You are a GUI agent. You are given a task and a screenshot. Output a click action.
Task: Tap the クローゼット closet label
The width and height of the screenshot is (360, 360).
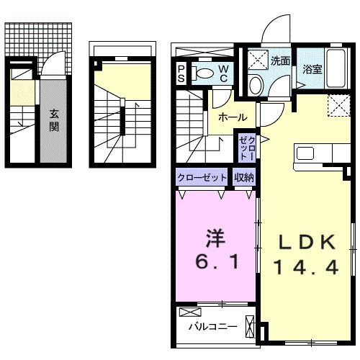click(x=202, y=176)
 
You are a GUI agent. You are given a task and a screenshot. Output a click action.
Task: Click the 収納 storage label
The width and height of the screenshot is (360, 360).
click(x=244, y=176)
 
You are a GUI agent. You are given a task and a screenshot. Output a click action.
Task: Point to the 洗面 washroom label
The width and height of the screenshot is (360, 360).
click(x=281, y=60)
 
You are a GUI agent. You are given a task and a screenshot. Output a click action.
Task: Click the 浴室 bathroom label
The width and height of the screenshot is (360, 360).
click(x=312, y=70)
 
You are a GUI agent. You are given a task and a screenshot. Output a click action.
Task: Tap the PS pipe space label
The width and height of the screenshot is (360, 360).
click(x=182, y=73)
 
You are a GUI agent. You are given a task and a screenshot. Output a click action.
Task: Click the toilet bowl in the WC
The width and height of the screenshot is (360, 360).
click(x=205, y=72)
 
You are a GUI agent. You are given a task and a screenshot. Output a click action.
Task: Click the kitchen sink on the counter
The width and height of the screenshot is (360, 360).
click(x=305, y=153)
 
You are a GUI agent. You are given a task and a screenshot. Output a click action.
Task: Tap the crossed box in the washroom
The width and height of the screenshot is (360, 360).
click(x=256, y=58)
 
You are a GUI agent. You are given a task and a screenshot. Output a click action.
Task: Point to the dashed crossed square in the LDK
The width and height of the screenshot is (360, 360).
click(x=336, y=105)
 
